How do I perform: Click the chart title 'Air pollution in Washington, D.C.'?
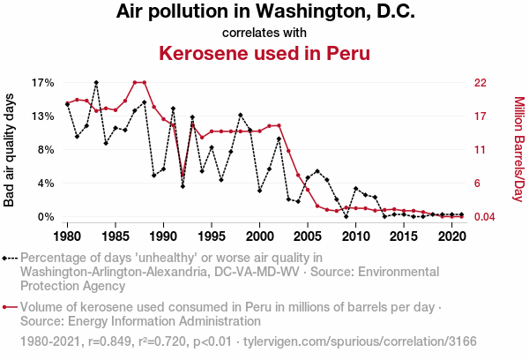click(264, 13)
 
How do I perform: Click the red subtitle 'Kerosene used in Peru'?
click(264, 53)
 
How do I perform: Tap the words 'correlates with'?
click(264, 34)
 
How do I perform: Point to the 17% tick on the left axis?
click(43, 83)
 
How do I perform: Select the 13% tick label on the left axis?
click(43, 116)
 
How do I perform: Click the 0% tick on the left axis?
click(47, 217)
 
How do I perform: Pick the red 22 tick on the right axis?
click(481, 83)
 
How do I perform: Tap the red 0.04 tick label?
click(485, 217)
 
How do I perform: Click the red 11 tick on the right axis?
click(481, 150)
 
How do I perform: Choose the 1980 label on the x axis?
click(67, 237)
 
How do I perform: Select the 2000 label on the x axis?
click(259, 237)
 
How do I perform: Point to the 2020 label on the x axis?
click(451, 237)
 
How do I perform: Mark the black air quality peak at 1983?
click(96, 82)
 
